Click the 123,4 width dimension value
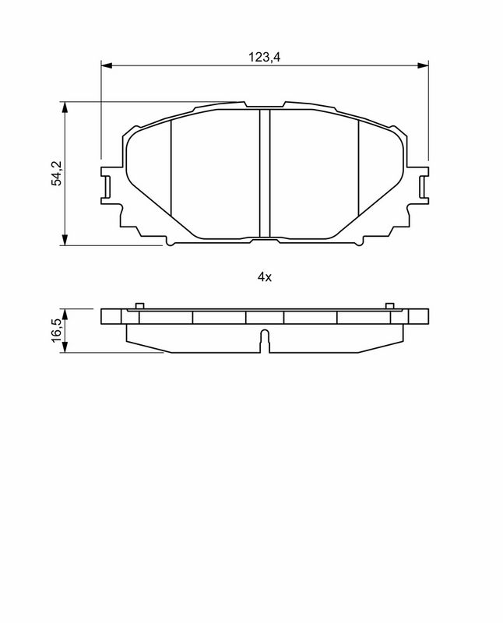[265, 57]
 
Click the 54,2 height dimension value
[58, 174]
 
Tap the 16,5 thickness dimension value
[58, 329]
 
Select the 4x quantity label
[265, 277]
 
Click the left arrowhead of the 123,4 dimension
[107, 65]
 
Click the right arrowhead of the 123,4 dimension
[423, 65]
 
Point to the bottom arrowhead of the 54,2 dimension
[65, 240]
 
